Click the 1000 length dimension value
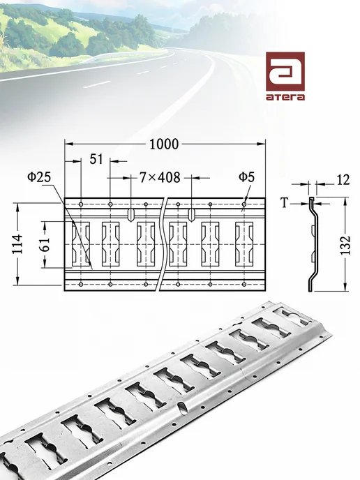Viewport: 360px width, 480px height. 164,144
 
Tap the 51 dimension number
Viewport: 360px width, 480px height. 96,160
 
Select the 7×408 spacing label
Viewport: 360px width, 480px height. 160,177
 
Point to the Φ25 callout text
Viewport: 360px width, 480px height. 39,177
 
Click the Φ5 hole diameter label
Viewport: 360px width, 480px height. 247,177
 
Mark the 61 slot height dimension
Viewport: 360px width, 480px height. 46,244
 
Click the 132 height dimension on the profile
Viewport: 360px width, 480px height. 345,245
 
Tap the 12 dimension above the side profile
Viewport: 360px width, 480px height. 343,180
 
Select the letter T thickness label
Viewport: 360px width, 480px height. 285,202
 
